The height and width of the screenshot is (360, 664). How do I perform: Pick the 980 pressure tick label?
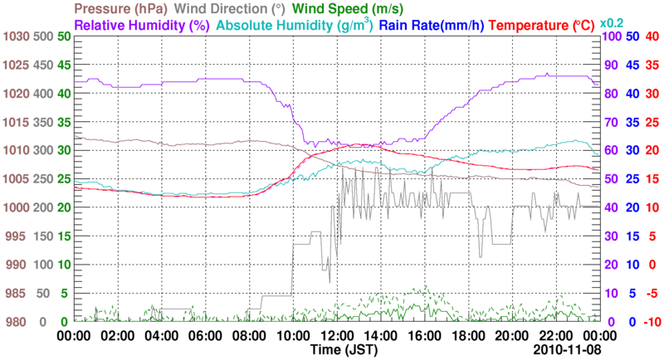18,322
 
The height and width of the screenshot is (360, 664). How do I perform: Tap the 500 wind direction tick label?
44,36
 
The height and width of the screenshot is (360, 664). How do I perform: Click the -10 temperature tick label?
652,322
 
